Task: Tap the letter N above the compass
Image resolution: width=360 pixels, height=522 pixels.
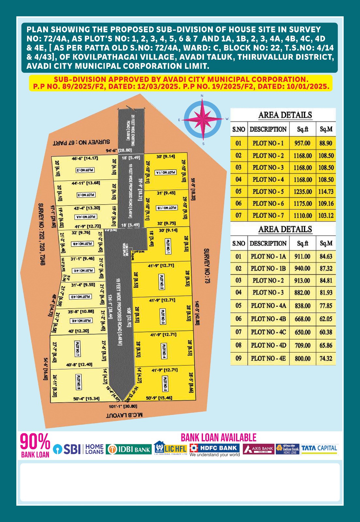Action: (202, 96)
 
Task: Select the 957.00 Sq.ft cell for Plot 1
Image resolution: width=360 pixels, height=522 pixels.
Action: (302, 143)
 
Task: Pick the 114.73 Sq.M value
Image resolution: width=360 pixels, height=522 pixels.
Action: (326, 192)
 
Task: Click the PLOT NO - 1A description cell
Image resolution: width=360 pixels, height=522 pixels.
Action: (268, 256)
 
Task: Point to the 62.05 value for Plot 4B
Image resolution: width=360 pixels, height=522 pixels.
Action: (326, 319)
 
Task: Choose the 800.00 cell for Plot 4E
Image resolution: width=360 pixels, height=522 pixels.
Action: (303, 358)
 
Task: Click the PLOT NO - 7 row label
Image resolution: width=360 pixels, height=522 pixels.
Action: (268, 215)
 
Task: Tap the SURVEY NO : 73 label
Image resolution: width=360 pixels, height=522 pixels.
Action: (207, 266)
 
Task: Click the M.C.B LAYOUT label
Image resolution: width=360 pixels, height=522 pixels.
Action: (124, 415)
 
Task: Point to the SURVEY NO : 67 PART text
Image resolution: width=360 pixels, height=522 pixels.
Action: (81, 143)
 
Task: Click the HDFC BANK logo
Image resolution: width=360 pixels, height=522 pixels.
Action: (215, 449)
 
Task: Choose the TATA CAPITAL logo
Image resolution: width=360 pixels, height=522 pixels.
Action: (319, 449)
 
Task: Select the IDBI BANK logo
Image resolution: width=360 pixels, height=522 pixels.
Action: (129, 449)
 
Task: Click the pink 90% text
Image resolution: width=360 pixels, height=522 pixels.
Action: (35, 442)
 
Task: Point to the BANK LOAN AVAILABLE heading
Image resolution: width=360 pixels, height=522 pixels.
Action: (219, 438)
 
